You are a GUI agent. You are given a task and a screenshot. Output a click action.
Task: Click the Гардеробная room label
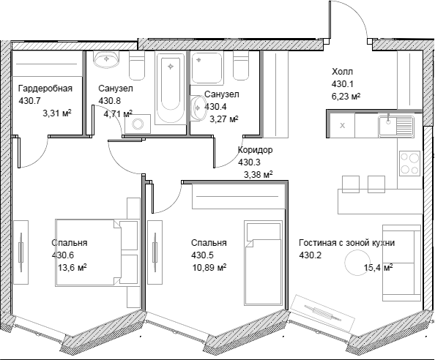pyautogui.click(x=45, y=89)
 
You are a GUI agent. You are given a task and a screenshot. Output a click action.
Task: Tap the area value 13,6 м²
pyautogui.click(x=72, y=268)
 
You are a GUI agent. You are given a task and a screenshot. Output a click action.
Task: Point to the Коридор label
pyautogui.click(x=256, y=150)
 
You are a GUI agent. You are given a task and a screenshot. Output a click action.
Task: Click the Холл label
pyautogui.click(x=342, y=72)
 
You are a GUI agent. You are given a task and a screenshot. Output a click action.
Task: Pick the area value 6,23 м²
pyautogui.click(x=346, y=96)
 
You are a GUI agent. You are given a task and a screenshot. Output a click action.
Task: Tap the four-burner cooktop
pyautogui.click(x=410, y=163)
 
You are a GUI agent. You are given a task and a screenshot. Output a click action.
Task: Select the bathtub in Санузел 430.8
pyautogui.click(x=171, y=88)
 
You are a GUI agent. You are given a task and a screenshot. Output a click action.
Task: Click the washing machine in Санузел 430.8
pyautogui.click(x=138, y=124)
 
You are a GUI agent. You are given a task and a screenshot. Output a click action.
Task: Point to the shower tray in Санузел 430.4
pyautogui.click(x=207, y=68)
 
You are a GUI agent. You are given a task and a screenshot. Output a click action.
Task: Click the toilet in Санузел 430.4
pyautogui.click(x=241, y=66)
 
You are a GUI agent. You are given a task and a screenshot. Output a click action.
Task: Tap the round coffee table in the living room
pyautogui.click(x=356, y=262)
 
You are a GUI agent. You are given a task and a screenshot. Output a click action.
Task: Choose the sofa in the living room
pyautogui.click(x=402, y=263)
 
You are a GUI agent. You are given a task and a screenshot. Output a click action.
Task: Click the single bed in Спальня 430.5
pyautogui.click(x=263, y=263)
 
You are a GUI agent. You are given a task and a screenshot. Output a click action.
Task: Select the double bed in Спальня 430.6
pyautogui.click(x=97, y=252)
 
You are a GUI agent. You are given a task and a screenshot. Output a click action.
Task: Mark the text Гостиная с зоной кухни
pyautogui.click(x=347, y=243)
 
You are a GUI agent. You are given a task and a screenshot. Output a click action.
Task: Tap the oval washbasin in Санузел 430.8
pyautogui.click(x=107, y=59)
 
